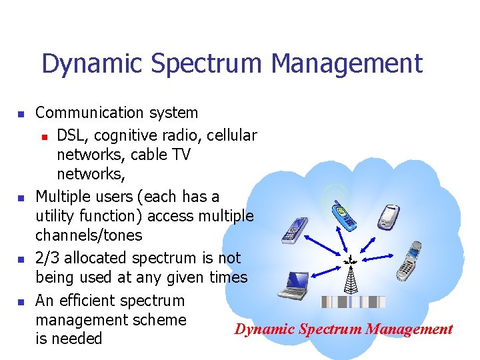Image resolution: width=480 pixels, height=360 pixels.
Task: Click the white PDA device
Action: coord(389,216)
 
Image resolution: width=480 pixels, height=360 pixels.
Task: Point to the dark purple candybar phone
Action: coord(294,230)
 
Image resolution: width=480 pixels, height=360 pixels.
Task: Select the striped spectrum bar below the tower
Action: coord(353,302)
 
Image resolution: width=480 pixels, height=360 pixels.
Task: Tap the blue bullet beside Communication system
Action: coord(21,115)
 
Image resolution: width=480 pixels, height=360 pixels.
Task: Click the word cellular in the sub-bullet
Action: coord(232,135)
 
